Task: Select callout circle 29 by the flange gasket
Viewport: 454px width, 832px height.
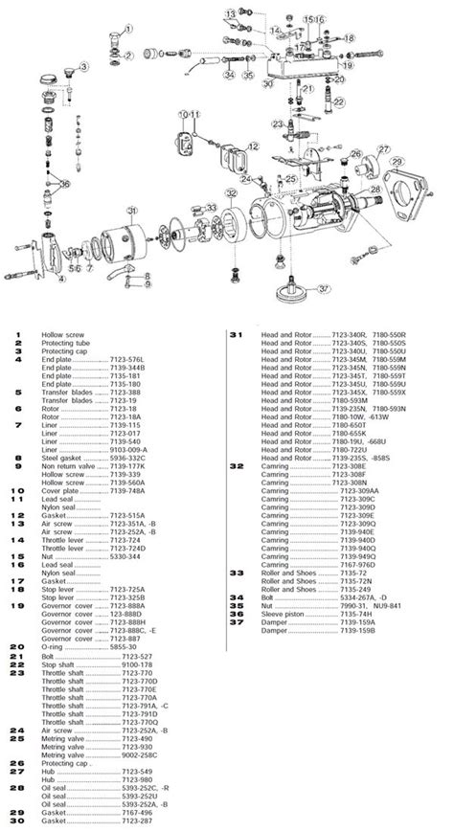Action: click(x=424, y=163)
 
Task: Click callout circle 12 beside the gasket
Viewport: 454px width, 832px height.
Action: click(x=254, y=146)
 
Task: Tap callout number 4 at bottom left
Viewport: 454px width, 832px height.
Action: click(x=60, y=281)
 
